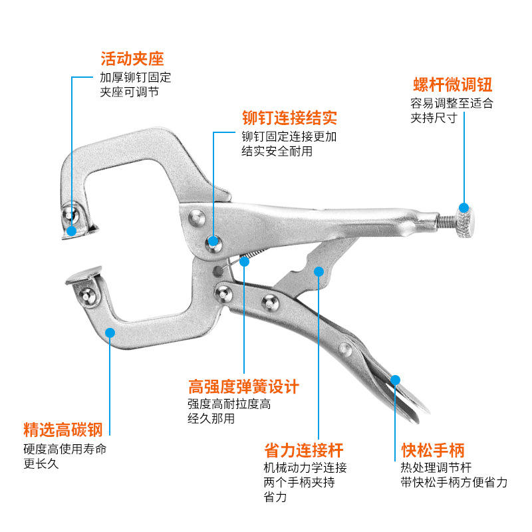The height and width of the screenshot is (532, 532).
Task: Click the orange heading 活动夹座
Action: tap(132, 59)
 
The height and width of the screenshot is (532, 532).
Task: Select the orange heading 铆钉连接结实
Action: tap(289, 118)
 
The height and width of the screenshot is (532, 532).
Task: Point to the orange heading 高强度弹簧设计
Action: tap(243, 386)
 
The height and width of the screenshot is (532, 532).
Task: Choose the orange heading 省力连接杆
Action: tap(304, 450)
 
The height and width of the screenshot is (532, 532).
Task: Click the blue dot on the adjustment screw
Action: tap(464, 207)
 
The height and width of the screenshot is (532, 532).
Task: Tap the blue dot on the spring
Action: tap(244, 261)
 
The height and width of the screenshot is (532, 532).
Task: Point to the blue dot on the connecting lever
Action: tap(319, 271)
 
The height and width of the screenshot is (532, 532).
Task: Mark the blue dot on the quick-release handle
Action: tap(396, 379)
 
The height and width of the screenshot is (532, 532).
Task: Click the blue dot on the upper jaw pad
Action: tap(71, 230)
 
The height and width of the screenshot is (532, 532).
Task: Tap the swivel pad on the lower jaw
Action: tap(84, 276)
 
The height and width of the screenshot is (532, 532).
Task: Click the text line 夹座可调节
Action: tap(130, 92)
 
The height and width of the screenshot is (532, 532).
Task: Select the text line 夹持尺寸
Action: tap(433, 118)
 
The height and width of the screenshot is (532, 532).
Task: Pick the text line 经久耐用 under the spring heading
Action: tap(211, 418)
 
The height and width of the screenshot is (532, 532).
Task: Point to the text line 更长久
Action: tap(41, 464)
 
